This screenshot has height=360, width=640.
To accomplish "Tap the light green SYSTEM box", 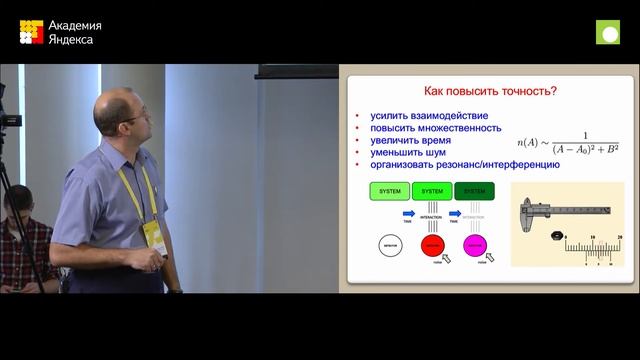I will (391, 190).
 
